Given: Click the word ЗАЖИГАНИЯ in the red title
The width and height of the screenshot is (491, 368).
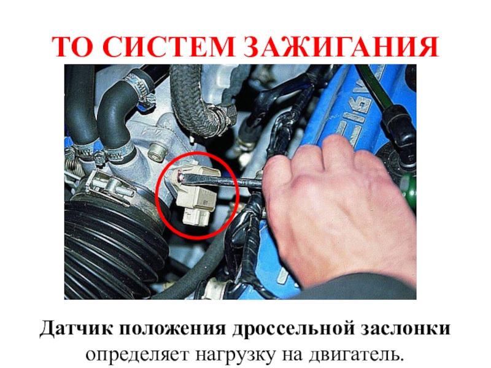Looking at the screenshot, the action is pyautogui.click(x=341, y=47).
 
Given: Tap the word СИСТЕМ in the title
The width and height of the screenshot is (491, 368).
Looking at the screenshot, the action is pyautogui.click(x=168, y=47).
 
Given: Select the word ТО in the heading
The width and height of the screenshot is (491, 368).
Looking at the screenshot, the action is pyautogui.click(x=72, y=47).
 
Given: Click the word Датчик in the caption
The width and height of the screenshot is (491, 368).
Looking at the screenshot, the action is pyautogui.click(x=75, y=329).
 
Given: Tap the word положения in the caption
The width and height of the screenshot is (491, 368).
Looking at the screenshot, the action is pyautogui.click(x=172, y=329).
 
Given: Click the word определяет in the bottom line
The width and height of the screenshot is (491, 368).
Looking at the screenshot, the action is pyautogui.click(x=137, y=355).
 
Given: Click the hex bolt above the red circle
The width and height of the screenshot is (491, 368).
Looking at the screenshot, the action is pyautogui.click(x=157, y=152).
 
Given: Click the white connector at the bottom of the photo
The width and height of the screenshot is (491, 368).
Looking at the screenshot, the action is pyautogui.click(x=217, y=288).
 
